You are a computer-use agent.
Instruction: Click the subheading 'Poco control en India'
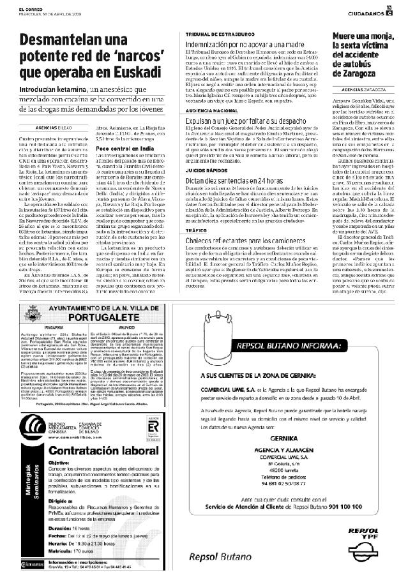click(121, 147)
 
